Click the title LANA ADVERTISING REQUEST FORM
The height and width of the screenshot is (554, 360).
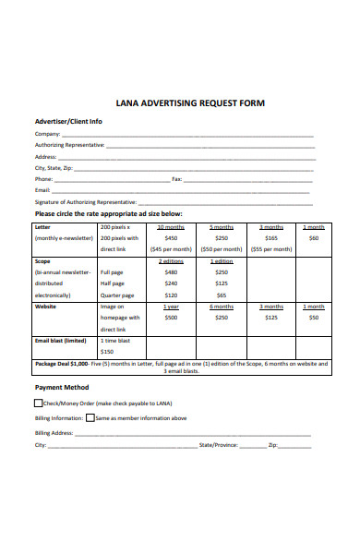[x=189, y=103]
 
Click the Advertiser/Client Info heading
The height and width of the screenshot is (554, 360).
[x=68, y=121]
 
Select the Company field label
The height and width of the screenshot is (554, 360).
[x=49, y=134]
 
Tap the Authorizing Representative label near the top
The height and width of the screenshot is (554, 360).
[x=69, y=145]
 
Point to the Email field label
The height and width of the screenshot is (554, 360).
[x=42, y=189]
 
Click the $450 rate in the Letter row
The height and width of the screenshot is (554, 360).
[x=171, y=237]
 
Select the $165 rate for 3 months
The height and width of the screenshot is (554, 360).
[x=270, y=237]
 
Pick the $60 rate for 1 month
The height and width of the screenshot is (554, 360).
[x=314, y=237]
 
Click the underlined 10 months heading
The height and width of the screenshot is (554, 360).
[x=171, y=226]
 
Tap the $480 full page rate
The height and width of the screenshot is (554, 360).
[x=171, y=272]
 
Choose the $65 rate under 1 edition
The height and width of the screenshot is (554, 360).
[x=222, y=295]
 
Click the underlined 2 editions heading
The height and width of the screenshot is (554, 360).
[x=171, y=261]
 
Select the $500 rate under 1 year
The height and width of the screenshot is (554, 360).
[x=171, y=317]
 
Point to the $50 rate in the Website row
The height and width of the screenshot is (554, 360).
[x=314, y=317]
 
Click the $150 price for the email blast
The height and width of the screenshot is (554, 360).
[x=107, y=351]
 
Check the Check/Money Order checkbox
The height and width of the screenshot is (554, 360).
[x=39, y=403]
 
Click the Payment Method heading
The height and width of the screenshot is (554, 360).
[x=62, y=387]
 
